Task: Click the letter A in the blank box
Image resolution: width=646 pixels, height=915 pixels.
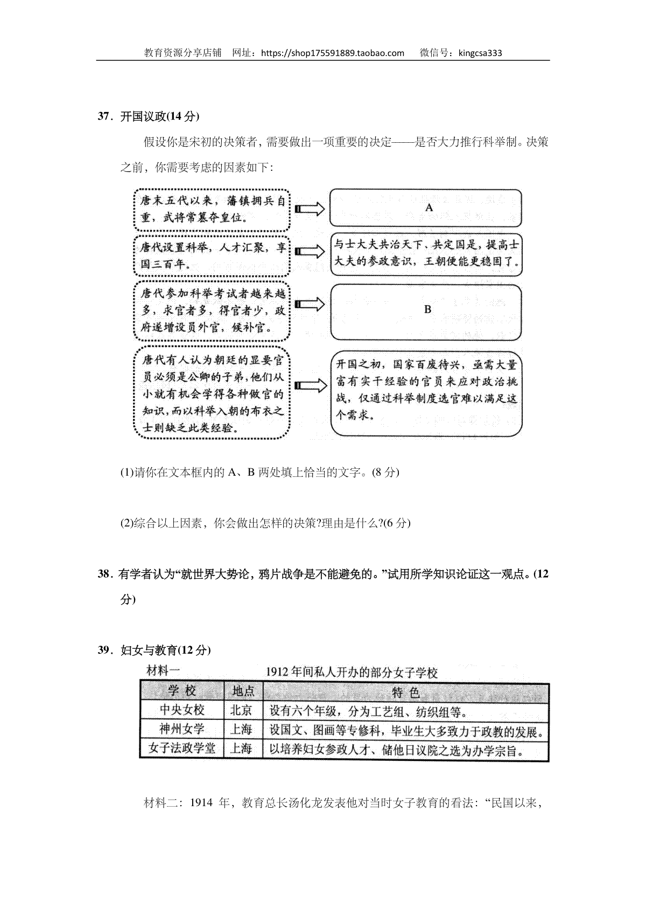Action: [429, 207]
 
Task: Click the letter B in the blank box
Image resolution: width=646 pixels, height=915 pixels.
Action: [428, 309]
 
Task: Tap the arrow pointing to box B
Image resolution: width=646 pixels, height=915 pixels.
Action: [310, 305]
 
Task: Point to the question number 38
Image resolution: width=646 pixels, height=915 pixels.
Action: [103, 574]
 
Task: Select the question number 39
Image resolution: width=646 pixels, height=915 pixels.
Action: [103, 650]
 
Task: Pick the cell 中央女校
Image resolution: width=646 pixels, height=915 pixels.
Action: [182, 710]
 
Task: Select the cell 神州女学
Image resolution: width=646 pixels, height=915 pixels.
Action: [182, 729]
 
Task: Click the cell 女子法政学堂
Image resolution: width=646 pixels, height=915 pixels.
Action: [182, 748]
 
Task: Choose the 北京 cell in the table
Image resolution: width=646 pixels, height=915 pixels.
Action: [241, 710]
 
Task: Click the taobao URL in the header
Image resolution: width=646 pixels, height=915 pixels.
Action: [332, 53]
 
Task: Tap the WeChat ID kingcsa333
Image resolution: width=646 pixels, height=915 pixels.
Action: [480, 53]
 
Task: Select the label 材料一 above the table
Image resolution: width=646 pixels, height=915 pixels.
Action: [162, 671]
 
